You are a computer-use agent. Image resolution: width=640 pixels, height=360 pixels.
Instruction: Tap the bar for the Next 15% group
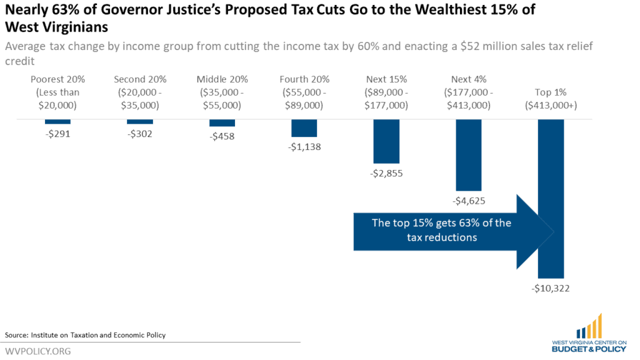(x=386, y=141)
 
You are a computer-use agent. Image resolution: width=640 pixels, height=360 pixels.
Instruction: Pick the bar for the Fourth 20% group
(x=304, y=128)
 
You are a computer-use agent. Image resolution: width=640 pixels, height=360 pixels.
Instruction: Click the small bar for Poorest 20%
(x=57, y=121)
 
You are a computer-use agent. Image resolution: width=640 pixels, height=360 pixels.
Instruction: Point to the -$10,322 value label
(x=551, y=289)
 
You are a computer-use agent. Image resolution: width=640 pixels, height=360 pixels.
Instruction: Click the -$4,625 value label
(x=469, y=201)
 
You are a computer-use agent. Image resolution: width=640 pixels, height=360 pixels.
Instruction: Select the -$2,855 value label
(x=386, y=173)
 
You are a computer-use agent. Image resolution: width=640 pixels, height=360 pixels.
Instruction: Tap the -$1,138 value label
(x=304, y=147)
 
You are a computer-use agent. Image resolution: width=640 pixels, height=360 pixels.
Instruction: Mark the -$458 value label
(x=222, y=136)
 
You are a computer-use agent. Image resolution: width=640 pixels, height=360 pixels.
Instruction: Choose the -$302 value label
(x=140, y=133)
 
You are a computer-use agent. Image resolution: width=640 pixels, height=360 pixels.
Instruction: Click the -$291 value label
(x=57, y=133)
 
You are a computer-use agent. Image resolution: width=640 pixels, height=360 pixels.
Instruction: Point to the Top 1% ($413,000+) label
(x=551, y=99)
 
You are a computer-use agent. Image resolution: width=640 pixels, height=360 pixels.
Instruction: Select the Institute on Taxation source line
(x=85, y=335)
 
